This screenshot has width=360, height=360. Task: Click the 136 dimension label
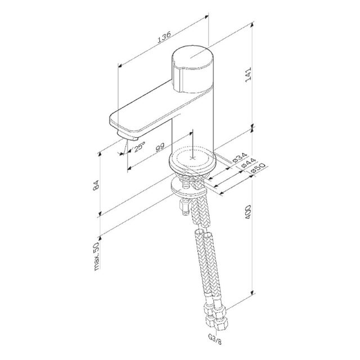164,37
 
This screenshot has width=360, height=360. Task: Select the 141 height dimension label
248,75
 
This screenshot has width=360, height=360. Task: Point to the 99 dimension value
160,147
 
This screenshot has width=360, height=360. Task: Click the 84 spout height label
96,185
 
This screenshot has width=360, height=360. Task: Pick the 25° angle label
139,146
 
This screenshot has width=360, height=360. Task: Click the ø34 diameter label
239,157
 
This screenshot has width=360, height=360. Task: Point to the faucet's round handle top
192,57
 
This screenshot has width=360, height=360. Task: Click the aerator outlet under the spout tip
128,136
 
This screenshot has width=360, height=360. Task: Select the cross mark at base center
192,158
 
